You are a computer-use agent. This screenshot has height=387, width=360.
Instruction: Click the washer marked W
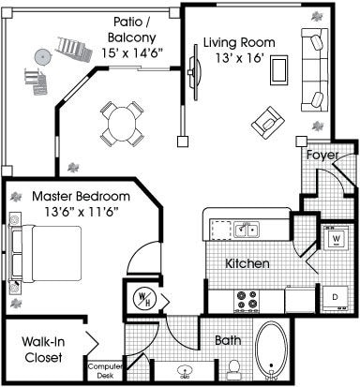point(337,238)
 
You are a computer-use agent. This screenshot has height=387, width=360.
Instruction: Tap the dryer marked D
point(336,298)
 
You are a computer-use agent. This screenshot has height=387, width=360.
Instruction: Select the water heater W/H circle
point(142,299)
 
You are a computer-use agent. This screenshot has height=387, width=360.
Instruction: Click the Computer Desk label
point(105,371)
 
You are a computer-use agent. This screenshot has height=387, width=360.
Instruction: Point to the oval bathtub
point(271,350)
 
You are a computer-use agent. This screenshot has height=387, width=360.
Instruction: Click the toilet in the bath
point(233,370)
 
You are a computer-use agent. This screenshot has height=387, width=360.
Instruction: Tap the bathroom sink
point(185,372)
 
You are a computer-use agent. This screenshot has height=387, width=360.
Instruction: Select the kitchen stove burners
point(247,302)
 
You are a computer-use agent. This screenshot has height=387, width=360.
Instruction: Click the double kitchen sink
point(247,230)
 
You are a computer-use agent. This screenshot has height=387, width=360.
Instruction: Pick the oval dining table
point(122,124)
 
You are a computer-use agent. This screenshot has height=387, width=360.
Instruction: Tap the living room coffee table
point(278,70)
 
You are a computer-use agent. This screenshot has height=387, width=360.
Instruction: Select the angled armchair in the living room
point(268,123)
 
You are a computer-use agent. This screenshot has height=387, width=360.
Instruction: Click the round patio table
point(42,57)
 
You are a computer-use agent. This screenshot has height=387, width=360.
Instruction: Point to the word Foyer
point(322,156)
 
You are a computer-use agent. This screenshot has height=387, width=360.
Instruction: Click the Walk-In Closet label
point(43,350)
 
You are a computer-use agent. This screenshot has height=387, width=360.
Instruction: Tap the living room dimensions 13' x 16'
point(240,58)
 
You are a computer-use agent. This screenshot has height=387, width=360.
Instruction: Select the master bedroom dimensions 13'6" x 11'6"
point(82,213)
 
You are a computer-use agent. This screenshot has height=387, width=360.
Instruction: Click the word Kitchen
point(247,263)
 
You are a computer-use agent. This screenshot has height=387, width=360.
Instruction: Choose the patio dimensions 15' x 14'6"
point(132,53)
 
